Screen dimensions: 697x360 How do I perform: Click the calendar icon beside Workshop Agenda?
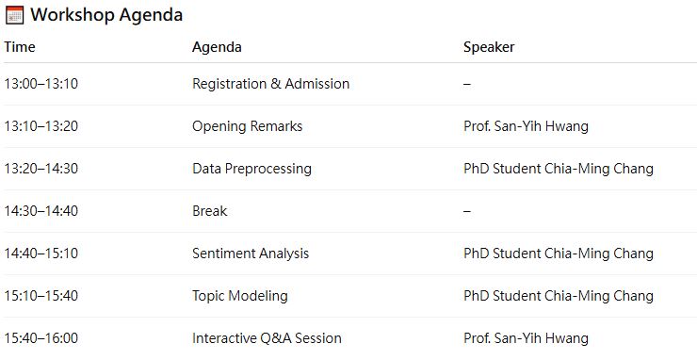15,15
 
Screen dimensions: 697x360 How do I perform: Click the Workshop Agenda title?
106,15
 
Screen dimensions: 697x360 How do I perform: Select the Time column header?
20,47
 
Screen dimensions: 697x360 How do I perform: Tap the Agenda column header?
217,48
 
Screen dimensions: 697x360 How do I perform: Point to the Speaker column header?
489,48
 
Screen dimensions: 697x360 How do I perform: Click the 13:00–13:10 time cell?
41,84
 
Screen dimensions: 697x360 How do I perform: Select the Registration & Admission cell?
270,84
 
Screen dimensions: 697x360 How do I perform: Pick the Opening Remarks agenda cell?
247,126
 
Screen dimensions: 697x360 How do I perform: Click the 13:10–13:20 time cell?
41,126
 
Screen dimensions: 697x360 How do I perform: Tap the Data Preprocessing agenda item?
251,169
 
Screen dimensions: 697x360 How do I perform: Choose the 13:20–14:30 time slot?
41,169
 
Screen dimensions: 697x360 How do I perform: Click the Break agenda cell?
209,211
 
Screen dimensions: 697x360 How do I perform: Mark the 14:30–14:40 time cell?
41,211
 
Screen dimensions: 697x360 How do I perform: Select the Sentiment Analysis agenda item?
251,254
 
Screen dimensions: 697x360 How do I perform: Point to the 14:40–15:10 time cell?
41,254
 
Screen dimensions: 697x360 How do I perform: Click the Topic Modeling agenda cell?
239,296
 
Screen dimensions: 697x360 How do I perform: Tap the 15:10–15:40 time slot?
41,296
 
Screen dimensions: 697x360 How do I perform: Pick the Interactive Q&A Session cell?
267,338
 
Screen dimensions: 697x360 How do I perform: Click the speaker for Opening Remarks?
526,126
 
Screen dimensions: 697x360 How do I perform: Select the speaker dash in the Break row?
467,211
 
